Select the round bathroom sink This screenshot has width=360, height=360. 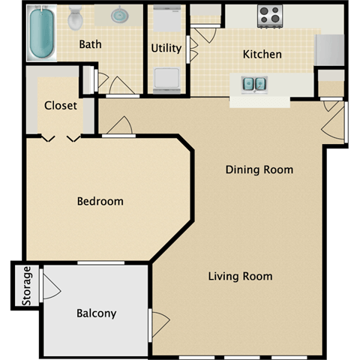[119, 16]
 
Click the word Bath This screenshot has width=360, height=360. [90, 44]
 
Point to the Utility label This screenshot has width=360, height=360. [166, 48]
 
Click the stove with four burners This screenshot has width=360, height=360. [269, 14]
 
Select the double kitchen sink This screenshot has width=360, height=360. [253, 83]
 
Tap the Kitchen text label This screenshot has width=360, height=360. [262, 54]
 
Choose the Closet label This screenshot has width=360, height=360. [60, 106]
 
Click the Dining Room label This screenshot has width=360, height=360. [259, 169]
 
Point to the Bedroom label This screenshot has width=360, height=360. [100, 201]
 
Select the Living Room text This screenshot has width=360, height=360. [240, 276]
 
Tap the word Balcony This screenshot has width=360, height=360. [96, 313]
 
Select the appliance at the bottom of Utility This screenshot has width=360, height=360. [166, 78]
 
